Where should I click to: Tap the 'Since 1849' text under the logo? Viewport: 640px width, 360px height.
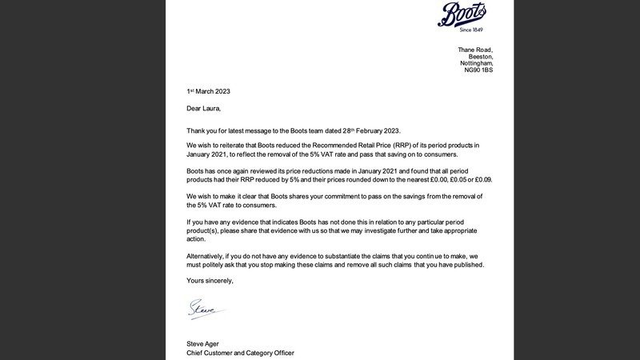(x=472, y=30)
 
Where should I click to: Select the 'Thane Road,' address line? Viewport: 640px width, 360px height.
(x=475, y=50)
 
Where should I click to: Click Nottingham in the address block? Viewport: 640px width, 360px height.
(x=477, y=63)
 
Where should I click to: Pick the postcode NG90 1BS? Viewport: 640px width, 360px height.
(x=479, y=70)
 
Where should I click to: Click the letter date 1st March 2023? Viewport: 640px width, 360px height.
(x=208, y=92)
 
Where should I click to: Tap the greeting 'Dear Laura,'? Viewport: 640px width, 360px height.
(x=203, y=109)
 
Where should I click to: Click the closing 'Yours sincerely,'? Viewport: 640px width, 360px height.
(x=210, y=281)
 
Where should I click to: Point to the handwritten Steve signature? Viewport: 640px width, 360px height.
(x=203, y=307)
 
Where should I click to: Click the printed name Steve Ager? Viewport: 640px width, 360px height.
(x=204, y=345)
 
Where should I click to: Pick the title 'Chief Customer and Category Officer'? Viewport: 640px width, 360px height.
(x=240, y=353)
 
